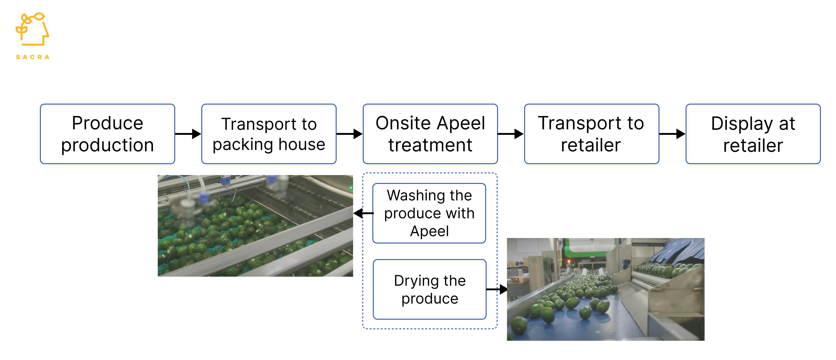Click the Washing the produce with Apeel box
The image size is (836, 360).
coord(429,213)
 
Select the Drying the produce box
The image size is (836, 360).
coord(430,289)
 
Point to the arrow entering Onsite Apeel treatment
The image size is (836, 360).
coord(349,134)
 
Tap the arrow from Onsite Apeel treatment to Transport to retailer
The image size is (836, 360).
coord(510,134)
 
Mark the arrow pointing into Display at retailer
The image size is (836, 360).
coord(672,134)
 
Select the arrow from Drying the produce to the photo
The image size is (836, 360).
coord(497,289)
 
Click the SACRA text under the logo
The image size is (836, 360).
coord(33,57)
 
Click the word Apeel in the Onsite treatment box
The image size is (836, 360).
coord(461,123)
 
